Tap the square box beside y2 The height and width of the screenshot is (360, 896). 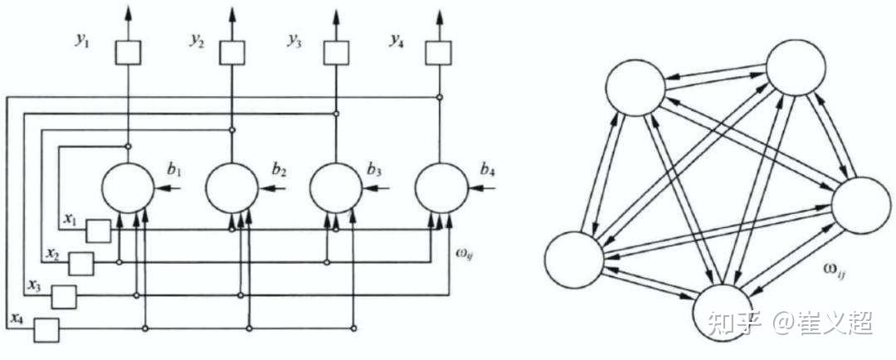pyautogui.click(x=231, y=53)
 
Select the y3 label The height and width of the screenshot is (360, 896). pyautogui.click(x=294, y=41)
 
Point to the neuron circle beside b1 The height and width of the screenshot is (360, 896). pyautogui.click(x=127, y=187)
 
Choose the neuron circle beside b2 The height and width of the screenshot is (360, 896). pyautogui.click(x=231, y=187)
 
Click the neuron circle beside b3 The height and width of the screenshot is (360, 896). pyautogui.click(x=335, y=187)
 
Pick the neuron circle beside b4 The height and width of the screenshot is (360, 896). pyautogui.click(x=440, y=187)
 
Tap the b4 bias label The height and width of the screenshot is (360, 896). pyautogui.click(x=488, y=173)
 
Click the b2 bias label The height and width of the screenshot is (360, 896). pyautogui.click(x=279, y=173)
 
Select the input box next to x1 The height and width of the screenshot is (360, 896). pyautogui.click(x=98, y=231)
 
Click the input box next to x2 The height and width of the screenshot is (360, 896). pyautogui.click(x=80, y=263)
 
